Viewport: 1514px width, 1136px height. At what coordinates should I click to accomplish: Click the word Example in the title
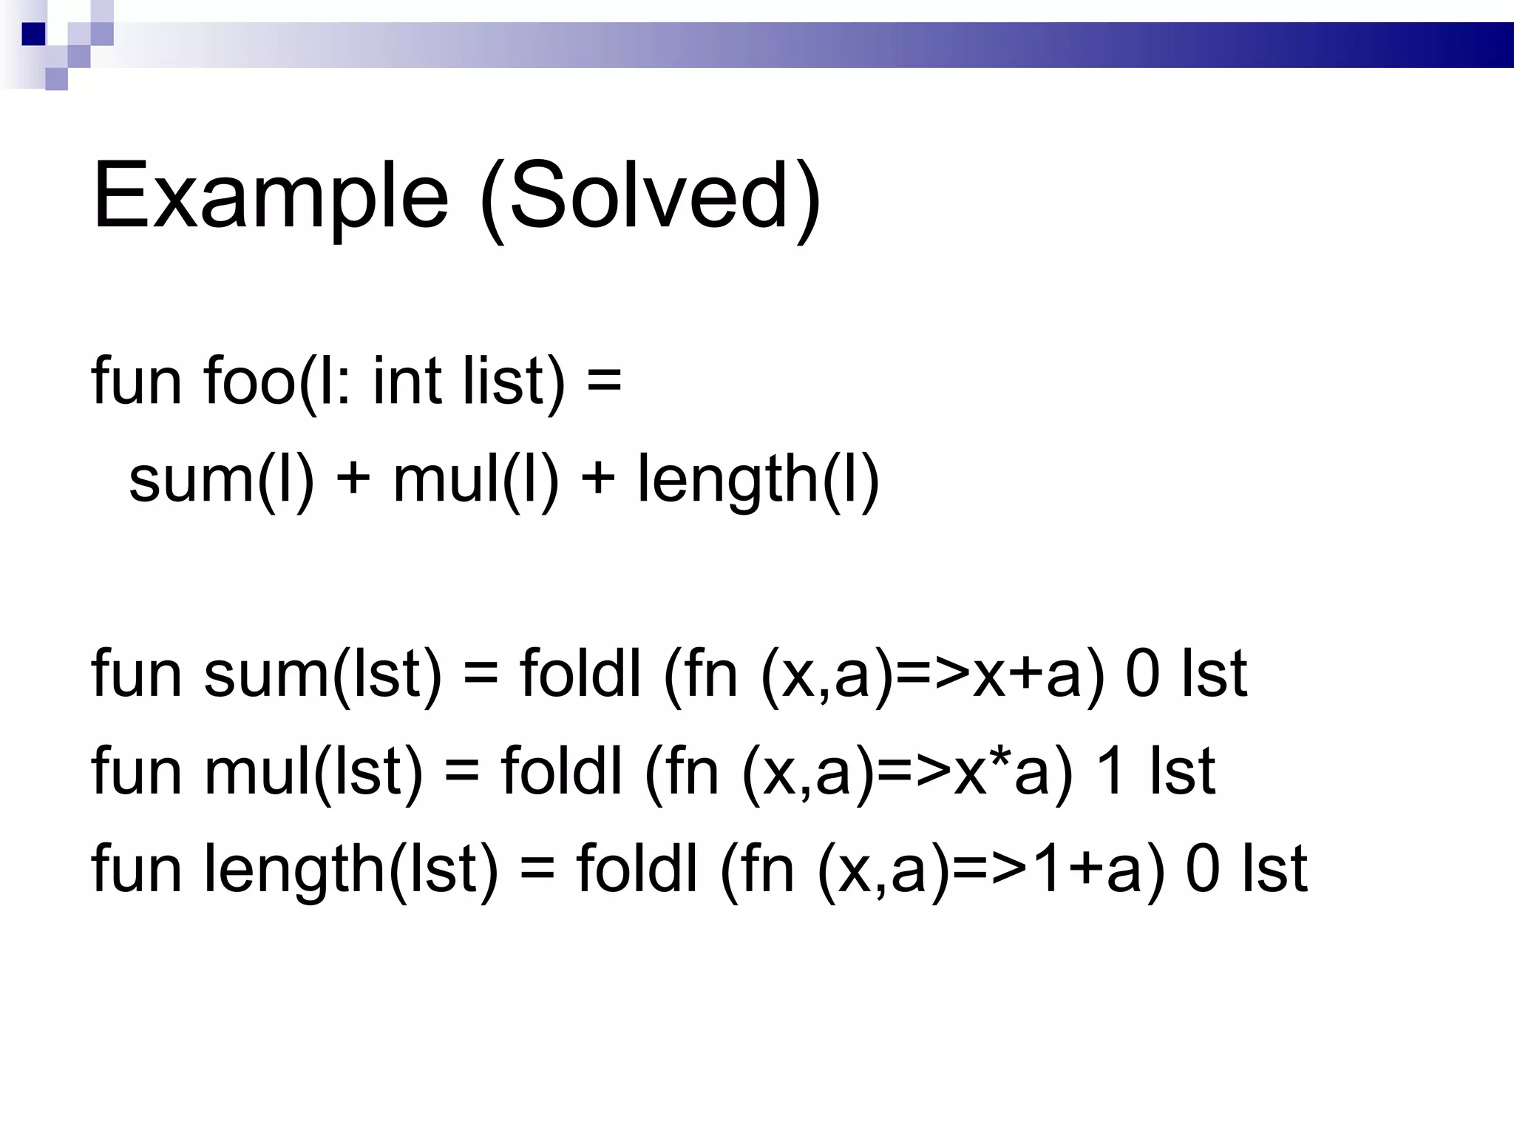pos(271,197)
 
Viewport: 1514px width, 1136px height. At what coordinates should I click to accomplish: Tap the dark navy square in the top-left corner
pos(33,34)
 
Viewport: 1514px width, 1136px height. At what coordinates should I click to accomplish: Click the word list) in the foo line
pos(515,382)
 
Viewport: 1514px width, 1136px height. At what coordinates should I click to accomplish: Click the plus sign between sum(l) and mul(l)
pos(353,479)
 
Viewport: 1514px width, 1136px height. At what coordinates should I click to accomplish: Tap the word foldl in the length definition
pos(637,870)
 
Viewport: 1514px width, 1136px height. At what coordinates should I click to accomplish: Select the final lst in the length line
pos(1274,870)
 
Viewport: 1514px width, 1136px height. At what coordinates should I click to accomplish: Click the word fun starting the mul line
pos(137,772)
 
